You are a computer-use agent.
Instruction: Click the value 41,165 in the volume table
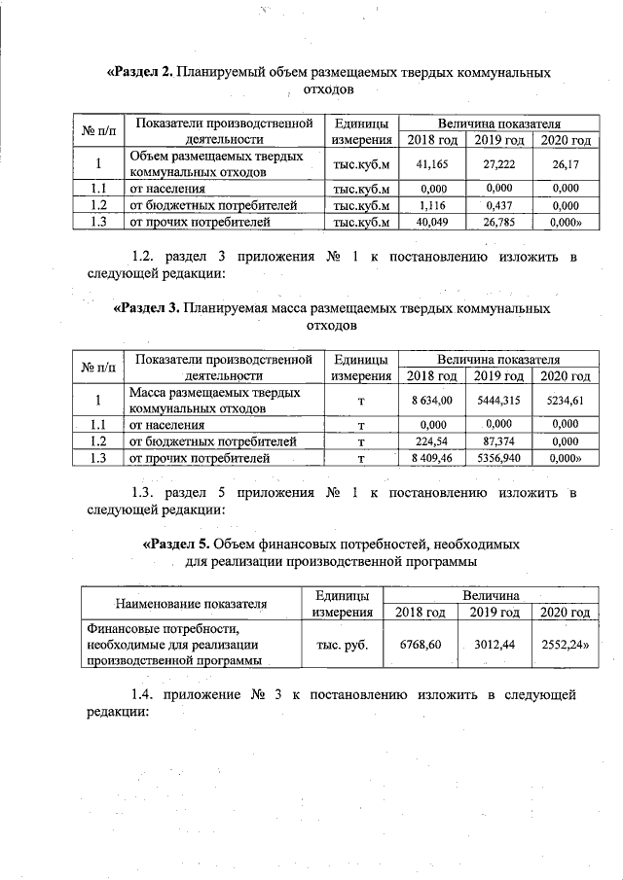coord(430,165)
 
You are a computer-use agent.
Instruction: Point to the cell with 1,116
coord(430,206)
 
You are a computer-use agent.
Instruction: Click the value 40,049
coord(430,223)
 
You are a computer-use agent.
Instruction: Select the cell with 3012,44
coord(493,645)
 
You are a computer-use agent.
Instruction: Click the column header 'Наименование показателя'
coord(191,603)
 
